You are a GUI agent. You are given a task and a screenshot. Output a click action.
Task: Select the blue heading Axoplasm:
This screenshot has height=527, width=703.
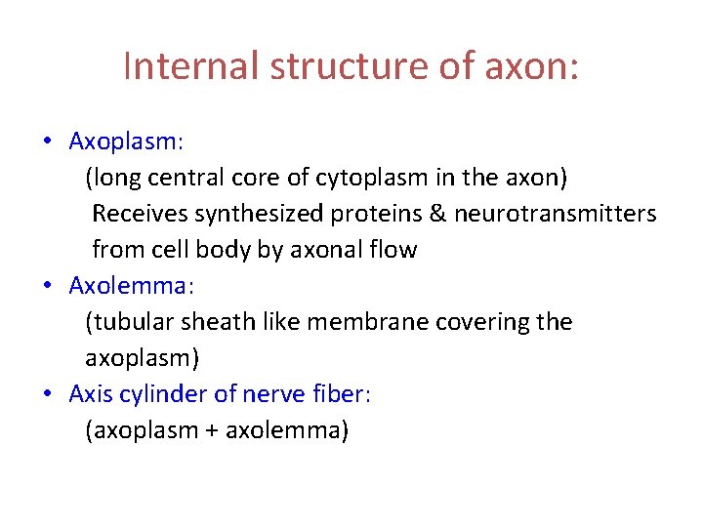126,142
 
